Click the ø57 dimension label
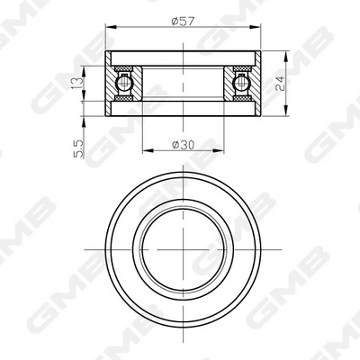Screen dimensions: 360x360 pos(183,21)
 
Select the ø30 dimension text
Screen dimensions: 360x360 pos(183,145)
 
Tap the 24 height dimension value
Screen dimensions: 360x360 pos(280,84)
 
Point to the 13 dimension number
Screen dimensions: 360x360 pos(76,83)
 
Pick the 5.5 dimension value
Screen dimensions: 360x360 pos(78,148)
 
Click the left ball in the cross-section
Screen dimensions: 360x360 pos(123,83)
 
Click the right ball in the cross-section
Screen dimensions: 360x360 pos(242,83)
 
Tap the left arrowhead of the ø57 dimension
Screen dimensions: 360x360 pos(111,27)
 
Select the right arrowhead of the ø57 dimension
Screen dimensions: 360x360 pos(255,27)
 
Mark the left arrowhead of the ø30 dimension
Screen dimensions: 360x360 pos(148,150)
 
